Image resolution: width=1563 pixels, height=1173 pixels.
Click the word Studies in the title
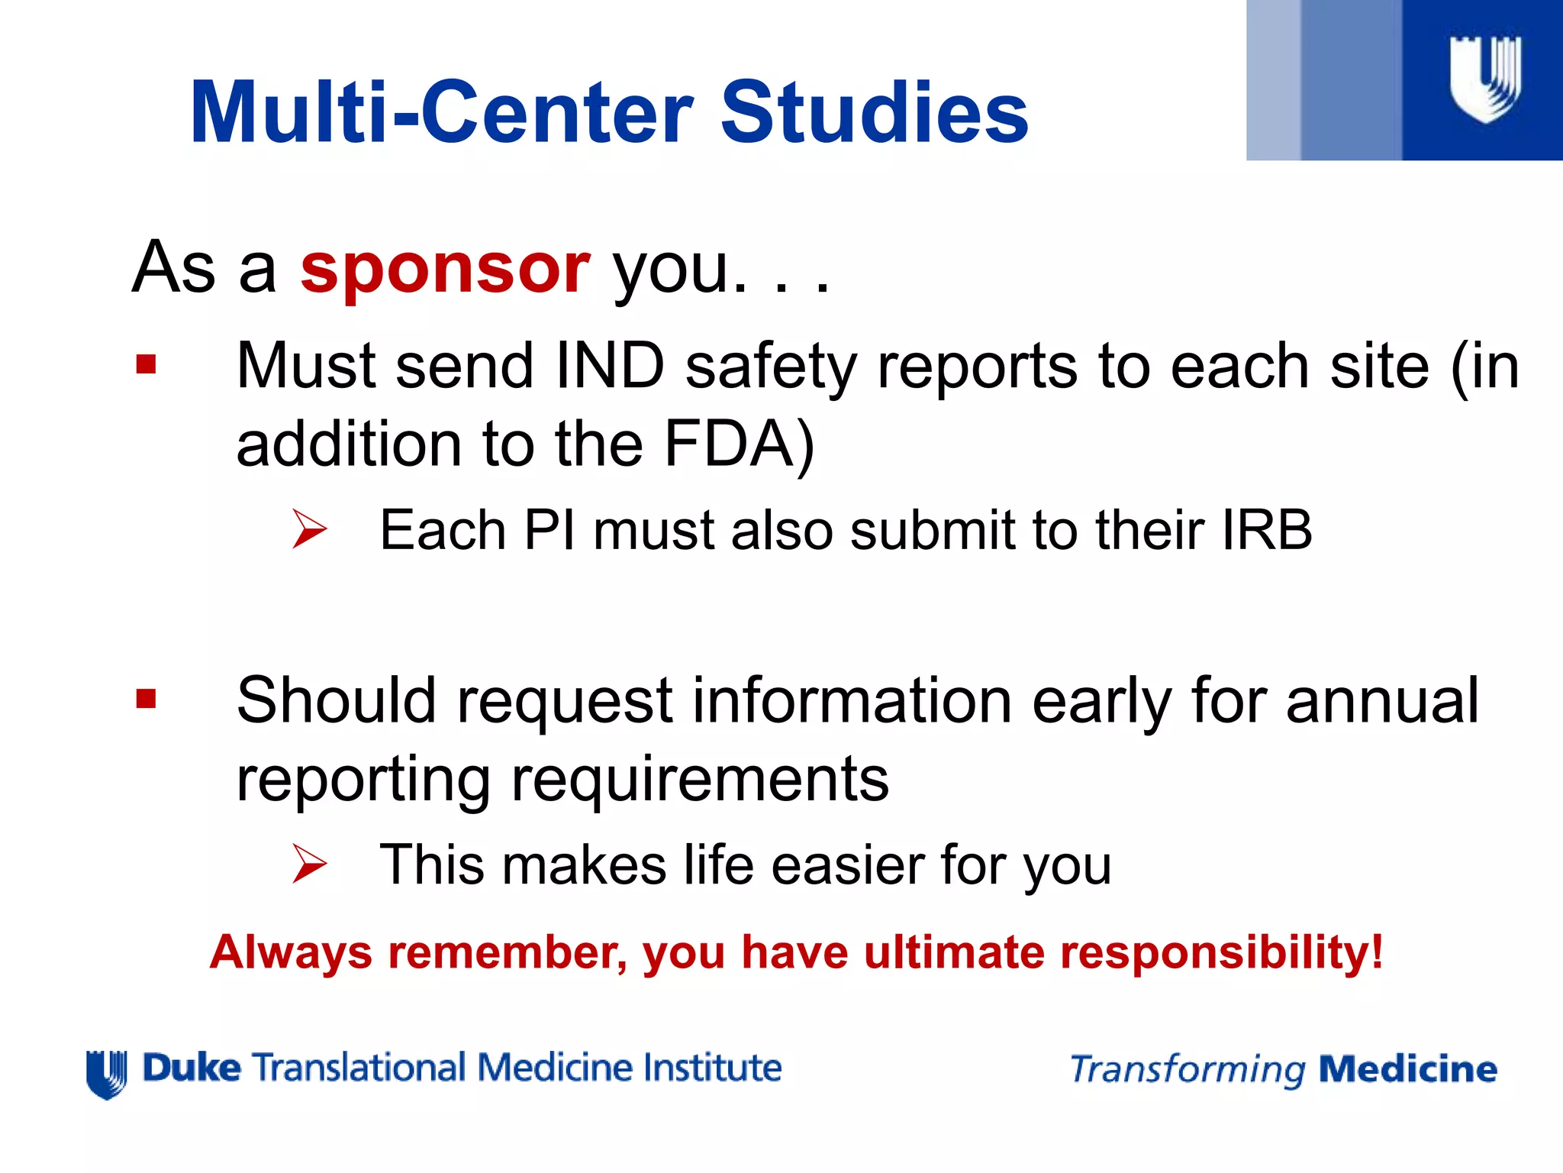coord(875,113)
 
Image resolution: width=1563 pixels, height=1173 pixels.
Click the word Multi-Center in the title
coord(441,113)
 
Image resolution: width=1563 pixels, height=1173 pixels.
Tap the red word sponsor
coord(445,269)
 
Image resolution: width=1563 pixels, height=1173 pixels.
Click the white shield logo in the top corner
coord(1485,79)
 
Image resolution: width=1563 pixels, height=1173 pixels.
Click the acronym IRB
coord(1266,530)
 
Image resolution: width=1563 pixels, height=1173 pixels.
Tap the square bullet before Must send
coord(146,364)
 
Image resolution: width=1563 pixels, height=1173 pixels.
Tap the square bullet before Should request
coord(146,699)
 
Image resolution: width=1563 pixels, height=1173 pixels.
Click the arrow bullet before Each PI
coord(309,529)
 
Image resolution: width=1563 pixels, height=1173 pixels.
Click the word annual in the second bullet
coord(1382,700)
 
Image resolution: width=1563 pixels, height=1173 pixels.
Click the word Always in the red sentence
coord(291,953)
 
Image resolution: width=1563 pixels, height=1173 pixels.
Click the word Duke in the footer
coord(192,1068)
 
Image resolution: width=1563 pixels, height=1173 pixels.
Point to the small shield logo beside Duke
coord(107,1074)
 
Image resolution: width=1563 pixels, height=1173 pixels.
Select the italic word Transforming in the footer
coord(1188,1070)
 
